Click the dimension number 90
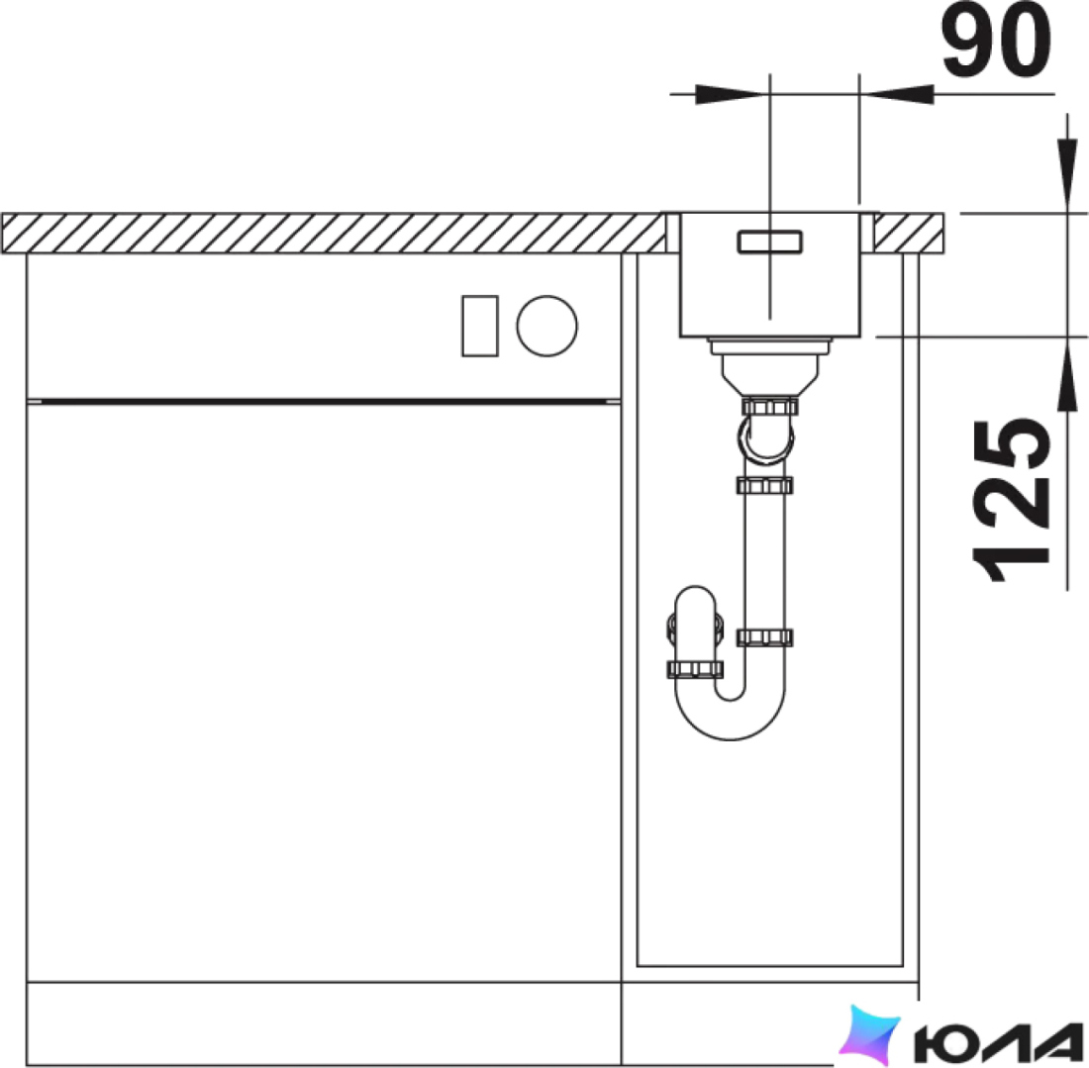click(996, 41)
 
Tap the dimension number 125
click(1011, 500)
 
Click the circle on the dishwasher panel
click(546, 326)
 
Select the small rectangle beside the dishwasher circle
click(480, 326)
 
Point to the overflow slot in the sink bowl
click(769, 241)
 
